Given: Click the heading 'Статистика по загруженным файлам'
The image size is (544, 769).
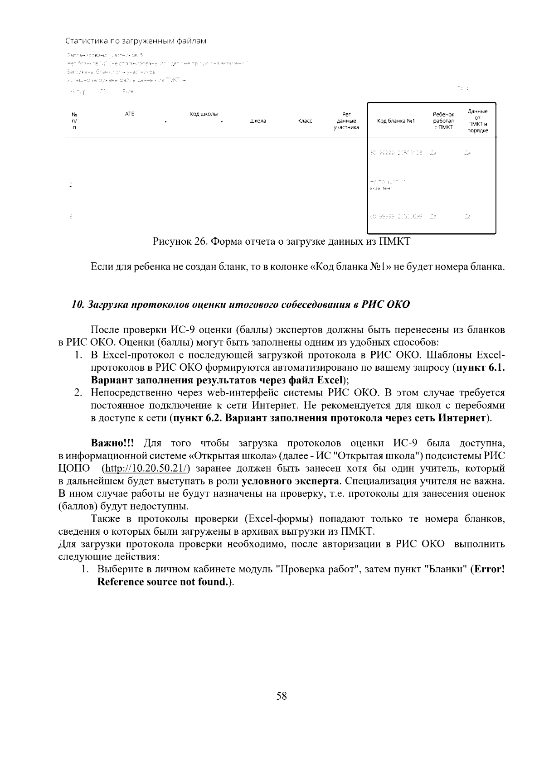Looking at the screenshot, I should (136, 41).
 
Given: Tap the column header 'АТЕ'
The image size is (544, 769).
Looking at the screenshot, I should (129, 114).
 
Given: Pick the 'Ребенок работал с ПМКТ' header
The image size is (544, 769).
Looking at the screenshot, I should (443, 121).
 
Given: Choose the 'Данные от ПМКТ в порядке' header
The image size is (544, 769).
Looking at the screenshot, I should (477, 121).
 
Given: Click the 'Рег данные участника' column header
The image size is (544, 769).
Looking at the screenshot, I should (346, 121).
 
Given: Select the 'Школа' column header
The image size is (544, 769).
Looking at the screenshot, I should (257, 121).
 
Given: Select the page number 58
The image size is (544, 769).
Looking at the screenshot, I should (281, 696).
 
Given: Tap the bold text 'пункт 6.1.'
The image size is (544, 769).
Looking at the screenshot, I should (480, 368).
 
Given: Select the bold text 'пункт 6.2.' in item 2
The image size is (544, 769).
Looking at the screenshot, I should (198, 417).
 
